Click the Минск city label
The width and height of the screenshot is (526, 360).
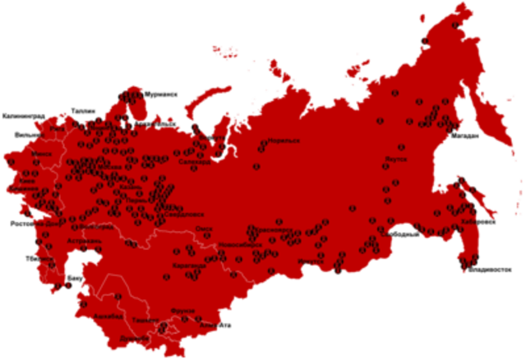click(x=40, y=154)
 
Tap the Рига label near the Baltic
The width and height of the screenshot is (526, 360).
click(x=57, y=129)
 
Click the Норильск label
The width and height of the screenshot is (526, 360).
click(x=284, y=141)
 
